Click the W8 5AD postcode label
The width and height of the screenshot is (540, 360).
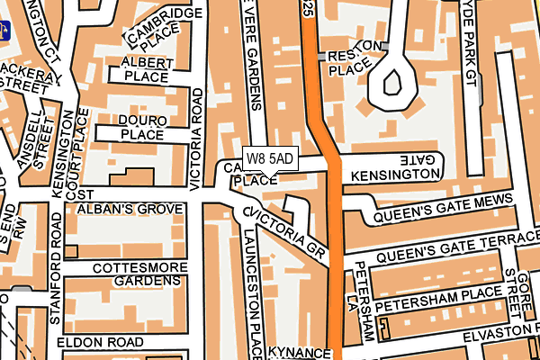click(x=269, y=158)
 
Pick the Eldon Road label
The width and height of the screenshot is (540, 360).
click(x=99, y=343)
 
